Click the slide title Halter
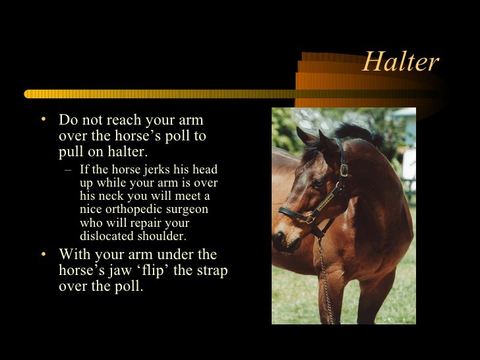tap(400, 62)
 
